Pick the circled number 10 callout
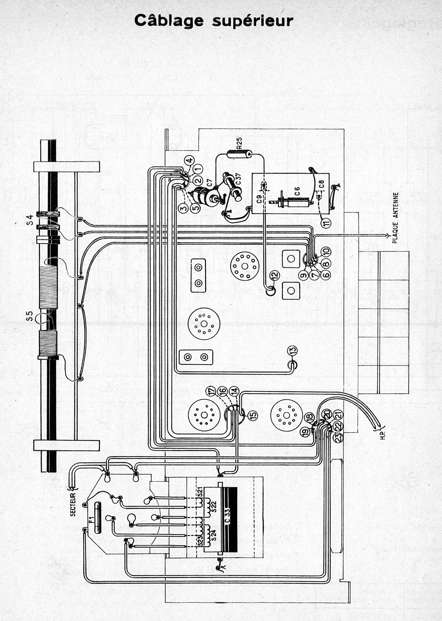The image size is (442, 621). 326,250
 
